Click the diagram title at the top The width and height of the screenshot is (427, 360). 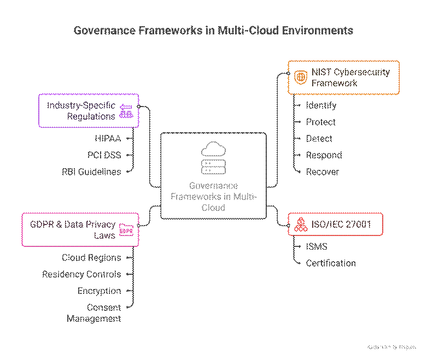tap(213, 31)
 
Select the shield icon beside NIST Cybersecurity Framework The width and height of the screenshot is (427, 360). tap(301, 78)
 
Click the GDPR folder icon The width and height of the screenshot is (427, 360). tap(126, 230)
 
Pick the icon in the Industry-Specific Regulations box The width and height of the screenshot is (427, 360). tap(126, 111)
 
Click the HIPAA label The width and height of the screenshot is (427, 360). tap(107, 139)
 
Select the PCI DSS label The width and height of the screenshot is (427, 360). tap(104, 155)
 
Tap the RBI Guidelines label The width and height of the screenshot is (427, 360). tap(91, 172)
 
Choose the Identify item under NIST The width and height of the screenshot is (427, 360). tap(321, 105)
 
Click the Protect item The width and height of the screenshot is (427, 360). tap(320, 122)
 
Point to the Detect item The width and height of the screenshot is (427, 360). tap(319, 139)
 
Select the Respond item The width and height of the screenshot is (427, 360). tap(324, 155)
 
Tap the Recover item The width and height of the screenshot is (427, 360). tap(322, 172)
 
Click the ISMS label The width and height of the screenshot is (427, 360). tap(317, 246)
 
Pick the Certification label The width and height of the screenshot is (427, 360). tap(330, 263)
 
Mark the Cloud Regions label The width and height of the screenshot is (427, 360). tap(91, 257)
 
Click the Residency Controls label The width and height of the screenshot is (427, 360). tap(81, 274)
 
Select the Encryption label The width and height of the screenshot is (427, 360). tap(99, 291)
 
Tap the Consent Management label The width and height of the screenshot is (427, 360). tap(94, 313)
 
